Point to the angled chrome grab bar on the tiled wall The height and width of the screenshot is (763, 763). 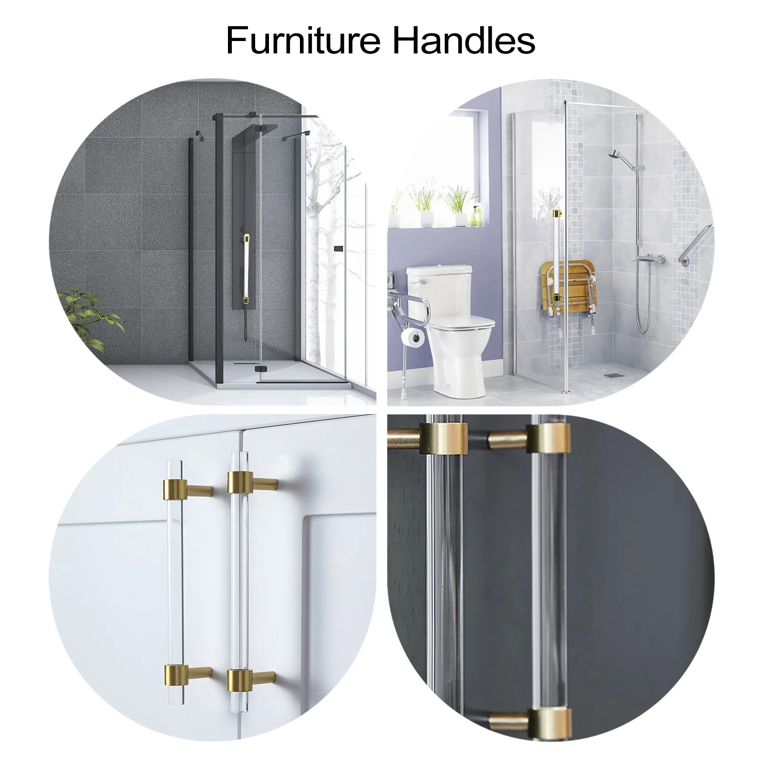click(x=694, y=246)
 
